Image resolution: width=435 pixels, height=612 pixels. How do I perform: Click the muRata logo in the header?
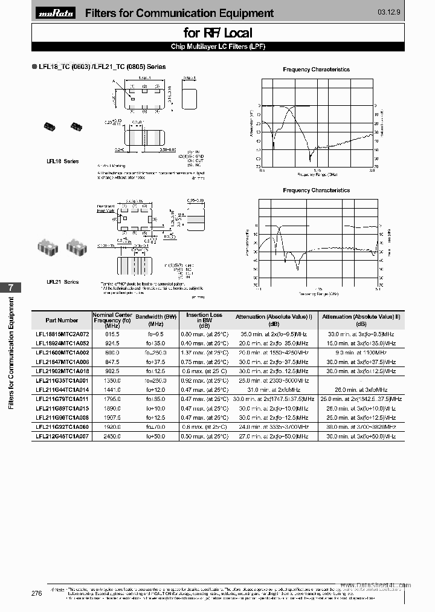[56, 13]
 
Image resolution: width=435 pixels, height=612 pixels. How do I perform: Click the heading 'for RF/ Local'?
[217, 33]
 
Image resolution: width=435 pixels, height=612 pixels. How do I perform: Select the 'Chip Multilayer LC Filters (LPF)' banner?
[217, 47]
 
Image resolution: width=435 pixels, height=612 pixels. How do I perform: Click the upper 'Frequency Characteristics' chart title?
[316, 70]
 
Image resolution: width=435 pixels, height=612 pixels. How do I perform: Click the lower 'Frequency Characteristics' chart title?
[316, 190]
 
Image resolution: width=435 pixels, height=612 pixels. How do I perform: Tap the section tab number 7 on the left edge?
[10, 288]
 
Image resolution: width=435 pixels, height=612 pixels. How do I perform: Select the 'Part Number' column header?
[62, 320]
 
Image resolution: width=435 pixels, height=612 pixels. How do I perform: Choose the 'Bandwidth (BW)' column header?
[156, 317]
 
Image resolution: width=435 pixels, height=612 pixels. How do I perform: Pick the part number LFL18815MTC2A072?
[62, 334]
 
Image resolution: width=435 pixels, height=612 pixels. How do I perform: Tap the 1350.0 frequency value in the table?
[113, 380]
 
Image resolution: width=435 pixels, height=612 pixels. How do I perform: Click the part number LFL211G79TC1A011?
[62, 399]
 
